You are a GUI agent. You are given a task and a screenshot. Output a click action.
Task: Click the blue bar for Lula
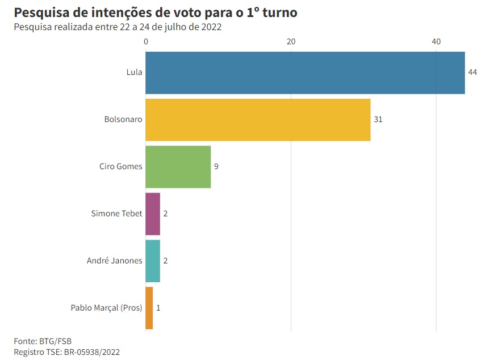305,72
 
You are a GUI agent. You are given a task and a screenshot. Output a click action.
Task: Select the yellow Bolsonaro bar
258,119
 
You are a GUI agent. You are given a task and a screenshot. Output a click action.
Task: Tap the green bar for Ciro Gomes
178,166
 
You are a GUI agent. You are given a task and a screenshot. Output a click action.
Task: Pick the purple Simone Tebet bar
153,214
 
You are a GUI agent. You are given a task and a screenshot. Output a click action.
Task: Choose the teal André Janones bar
153,261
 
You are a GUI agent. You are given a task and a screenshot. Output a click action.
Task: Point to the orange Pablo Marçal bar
149,308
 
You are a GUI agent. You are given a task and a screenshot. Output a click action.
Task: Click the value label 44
472,73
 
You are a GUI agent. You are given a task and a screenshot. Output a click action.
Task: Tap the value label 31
378,120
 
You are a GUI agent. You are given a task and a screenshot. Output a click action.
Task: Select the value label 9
216,167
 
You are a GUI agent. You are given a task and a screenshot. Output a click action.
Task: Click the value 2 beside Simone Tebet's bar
165,214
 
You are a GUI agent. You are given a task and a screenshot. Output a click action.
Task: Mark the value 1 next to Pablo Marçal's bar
158,308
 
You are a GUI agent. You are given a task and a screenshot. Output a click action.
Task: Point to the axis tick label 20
291,41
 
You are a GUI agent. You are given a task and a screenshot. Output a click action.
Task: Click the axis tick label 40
436,41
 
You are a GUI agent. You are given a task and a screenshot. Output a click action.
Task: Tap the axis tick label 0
146,41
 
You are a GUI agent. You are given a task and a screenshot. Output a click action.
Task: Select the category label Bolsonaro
123,120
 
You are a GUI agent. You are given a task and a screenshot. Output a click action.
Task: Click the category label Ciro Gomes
121,167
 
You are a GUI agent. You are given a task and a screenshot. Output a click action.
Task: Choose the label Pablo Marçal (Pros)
106,308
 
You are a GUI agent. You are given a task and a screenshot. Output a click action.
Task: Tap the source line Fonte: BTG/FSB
43,341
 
